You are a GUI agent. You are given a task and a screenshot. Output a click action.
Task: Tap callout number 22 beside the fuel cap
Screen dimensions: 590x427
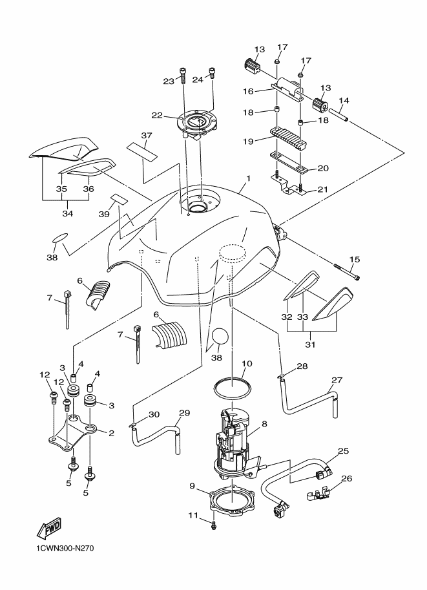(x=156, y=116)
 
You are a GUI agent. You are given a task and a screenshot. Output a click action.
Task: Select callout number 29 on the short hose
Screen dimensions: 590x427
(x=183, y=413)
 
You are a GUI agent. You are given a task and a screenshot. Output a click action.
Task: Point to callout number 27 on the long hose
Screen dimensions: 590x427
(x=337, y=380)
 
